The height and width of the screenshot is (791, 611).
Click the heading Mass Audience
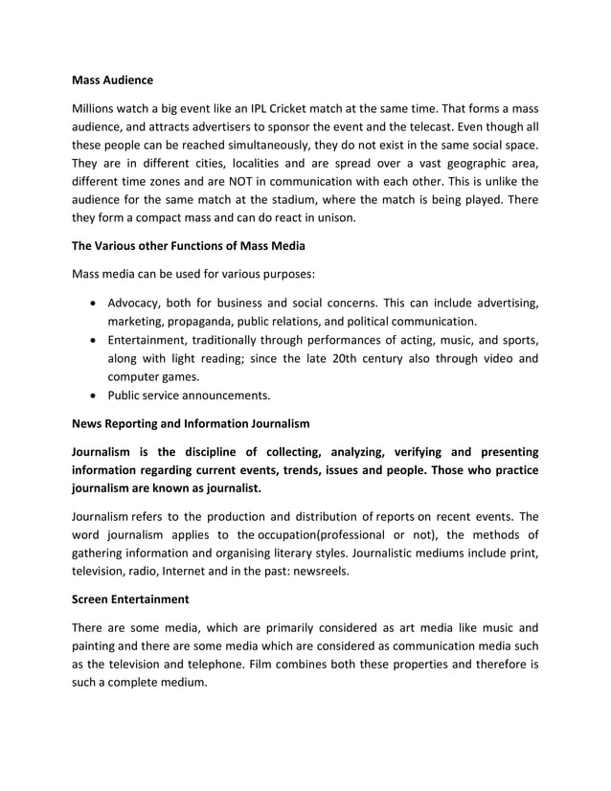point(112,79)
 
